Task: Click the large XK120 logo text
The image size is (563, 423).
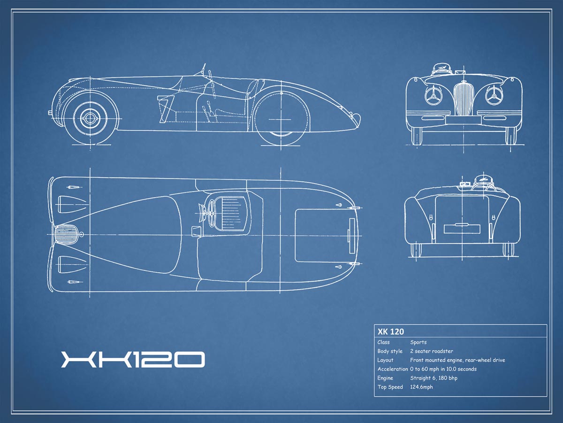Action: click(133, 359)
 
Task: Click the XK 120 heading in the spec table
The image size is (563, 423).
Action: click(391, 331)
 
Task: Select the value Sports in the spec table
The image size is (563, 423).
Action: click(418, 342)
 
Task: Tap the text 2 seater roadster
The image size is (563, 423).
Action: click(432, 351)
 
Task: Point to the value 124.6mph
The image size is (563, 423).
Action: click(421, 387)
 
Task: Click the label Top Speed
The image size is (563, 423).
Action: click(390, 387)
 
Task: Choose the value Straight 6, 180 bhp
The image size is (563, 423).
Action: click(434, 378)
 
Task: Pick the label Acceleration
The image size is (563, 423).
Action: click(392, 369)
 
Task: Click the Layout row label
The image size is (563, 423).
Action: click(385, 360)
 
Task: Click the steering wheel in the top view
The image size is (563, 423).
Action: click(212, 213)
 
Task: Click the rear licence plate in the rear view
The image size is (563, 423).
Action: click(462, 229)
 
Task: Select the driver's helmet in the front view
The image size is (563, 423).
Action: click(441, 69)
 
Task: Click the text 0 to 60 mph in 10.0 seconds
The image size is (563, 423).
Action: click(443, 369)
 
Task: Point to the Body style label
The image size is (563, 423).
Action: click(390, 351)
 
